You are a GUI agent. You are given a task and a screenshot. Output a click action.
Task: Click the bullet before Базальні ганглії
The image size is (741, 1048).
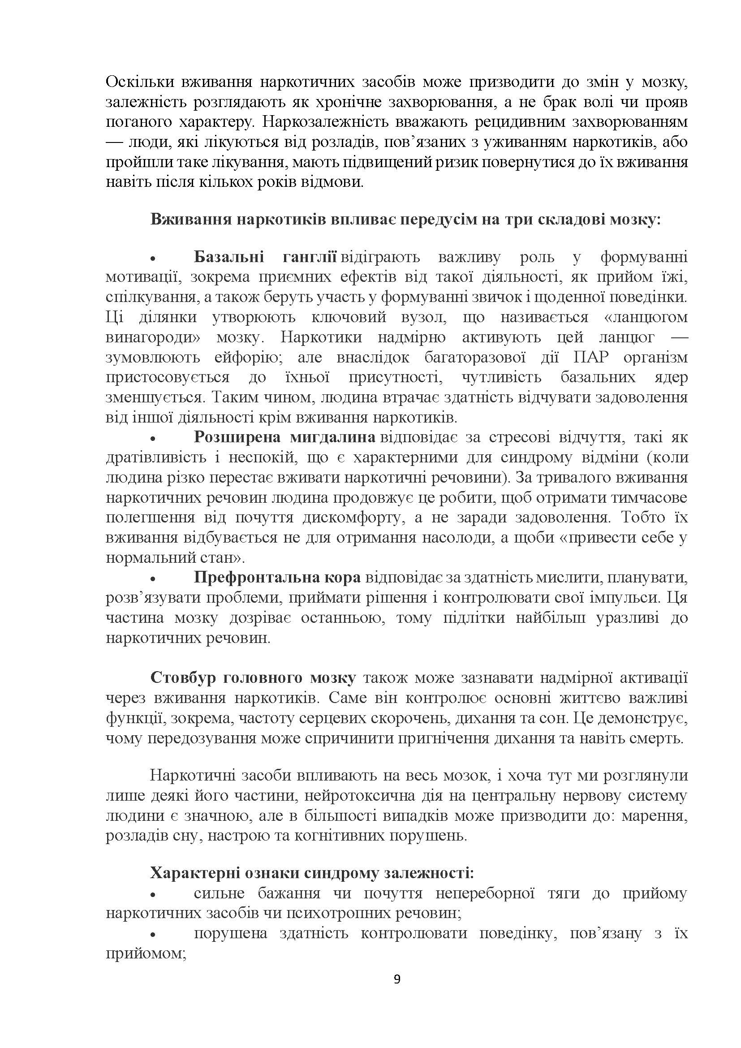(x=153, y=259)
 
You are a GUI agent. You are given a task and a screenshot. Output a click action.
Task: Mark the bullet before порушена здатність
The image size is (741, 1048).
(x=153, y=936)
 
